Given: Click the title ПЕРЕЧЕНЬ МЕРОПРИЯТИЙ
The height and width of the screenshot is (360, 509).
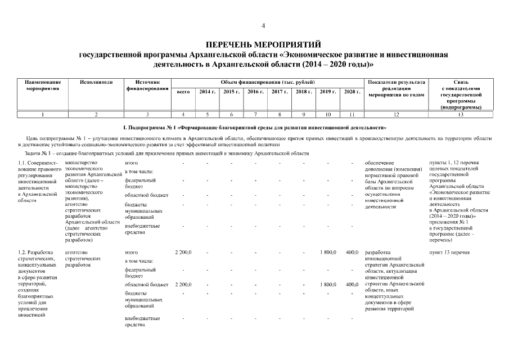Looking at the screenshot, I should [x=263, y=44].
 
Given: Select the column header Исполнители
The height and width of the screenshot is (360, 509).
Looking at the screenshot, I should [x=96, y=82].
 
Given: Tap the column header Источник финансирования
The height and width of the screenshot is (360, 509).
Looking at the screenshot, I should [x=147, y=85].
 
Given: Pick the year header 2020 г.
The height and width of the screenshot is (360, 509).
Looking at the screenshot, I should [x=352, y=91].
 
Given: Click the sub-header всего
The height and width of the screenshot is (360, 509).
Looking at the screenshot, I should [x=183, y=91].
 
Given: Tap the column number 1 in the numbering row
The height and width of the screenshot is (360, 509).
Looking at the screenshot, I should [x=43, y=115].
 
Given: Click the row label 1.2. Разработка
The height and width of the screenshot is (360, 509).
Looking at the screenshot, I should [x=36, y=252].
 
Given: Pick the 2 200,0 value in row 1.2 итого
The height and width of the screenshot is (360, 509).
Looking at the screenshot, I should [x=183, y=252].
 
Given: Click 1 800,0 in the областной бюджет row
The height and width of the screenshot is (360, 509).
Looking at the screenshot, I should [x=328, y=285].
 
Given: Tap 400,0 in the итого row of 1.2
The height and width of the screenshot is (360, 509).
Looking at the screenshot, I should [x=352, y=252].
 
